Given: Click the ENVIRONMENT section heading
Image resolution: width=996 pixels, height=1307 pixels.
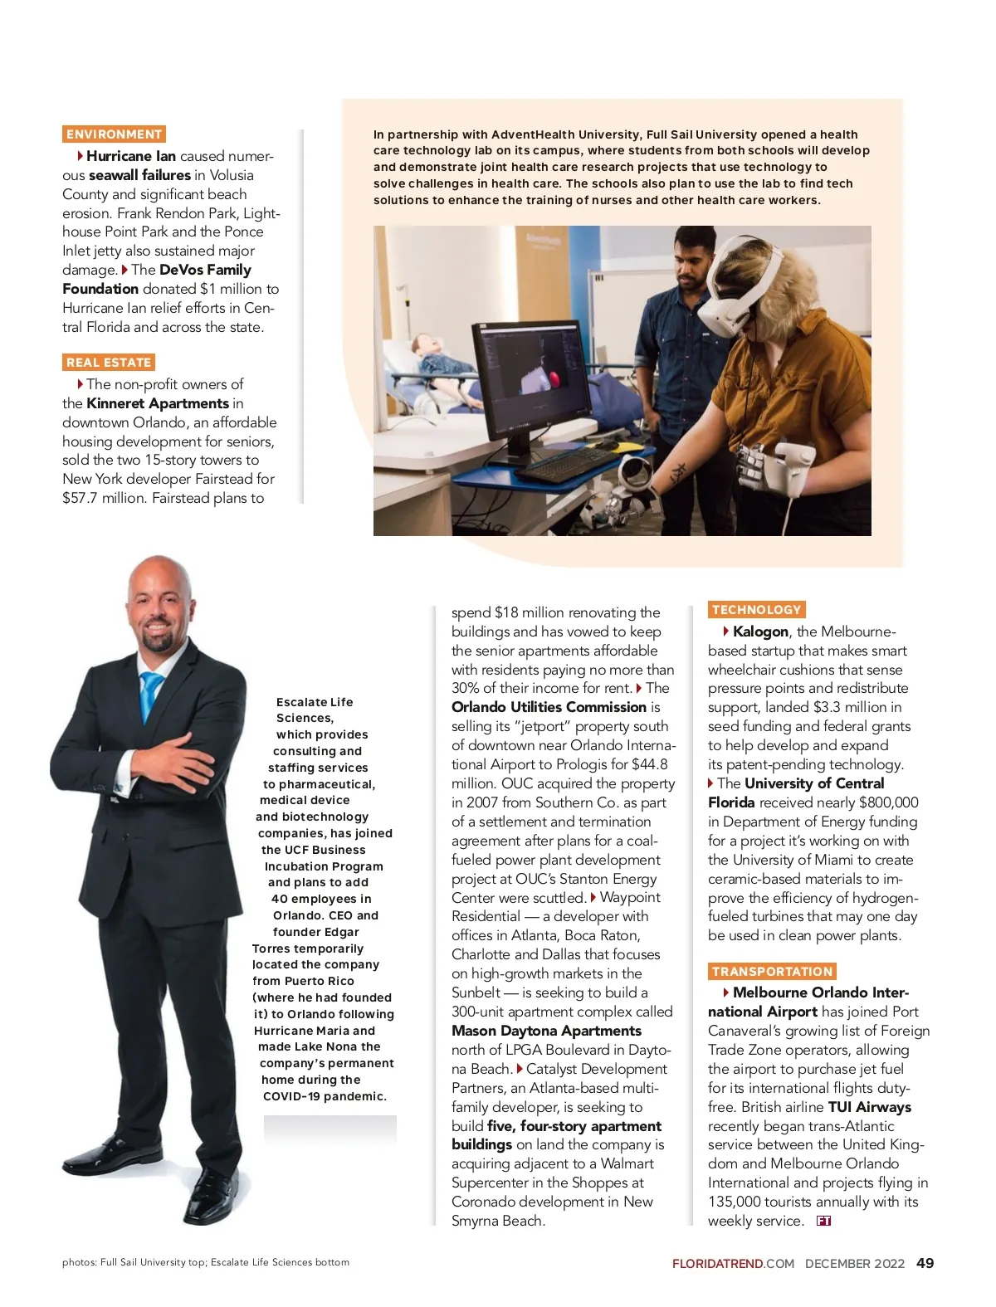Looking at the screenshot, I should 114,134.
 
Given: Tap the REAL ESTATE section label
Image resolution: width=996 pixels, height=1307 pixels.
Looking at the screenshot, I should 109,362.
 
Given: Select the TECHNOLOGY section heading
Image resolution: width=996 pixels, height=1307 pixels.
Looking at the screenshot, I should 756,610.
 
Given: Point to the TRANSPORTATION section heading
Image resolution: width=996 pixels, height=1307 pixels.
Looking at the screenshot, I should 772,972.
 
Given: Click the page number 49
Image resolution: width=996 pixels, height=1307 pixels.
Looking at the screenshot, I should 925,1263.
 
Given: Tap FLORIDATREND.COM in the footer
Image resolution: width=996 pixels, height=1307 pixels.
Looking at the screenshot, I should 733,1264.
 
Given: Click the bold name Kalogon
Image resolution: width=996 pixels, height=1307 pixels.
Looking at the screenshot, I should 760,632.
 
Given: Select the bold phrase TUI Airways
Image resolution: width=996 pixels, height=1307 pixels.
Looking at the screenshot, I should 869,1107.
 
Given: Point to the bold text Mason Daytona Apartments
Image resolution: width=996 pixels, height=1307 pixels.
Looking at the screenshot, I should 546,1031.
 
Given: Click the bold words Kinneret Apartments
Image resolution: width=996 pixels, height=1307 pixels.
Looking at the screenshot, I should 158,403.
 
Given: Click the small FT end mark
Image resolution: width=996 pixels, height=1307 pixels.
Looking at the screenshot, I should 823,1221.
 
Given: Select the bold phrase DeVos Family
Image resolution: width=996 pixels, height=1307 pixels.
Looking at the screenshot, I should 205,270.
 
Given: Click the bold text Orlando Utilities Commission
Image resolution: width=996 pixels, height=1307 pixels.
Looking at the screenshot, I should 549,707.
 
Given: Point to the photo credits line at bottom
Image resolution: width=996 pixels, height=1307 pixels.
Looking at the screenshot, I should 205,1262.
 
